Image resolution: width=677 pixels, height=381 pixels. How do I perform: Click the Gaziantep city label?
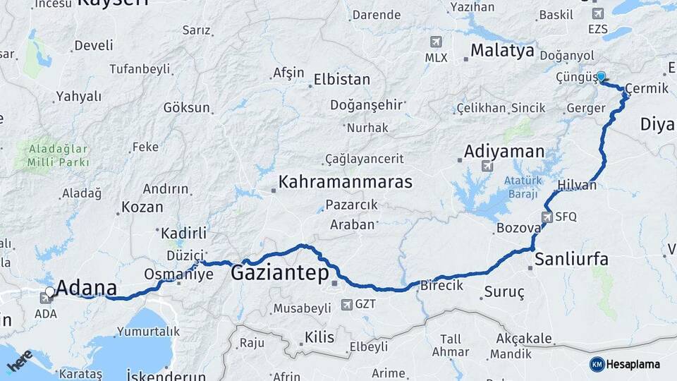[x=280, y=273]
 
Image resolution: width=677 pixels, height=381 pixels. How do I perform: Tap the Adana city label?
[x=86, y=287]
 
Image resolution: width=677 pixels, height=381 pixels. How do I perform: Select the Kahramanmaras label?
[x=345, y=181]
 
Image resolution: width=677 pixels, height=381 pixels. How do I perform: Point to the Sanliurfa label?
[x=571, y=259]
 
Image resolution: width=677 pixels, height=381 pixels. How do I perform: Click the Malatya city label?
[x=503, y=51]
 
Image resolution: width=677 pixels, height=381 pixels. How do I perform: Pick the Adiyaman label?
[x=504, y=151]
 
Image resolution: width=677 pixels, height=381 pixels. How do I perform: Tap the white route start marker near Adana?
[x=49, y=291]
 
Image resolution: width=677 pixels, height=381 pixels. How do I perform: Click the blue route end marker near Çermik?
[x=601, y=76]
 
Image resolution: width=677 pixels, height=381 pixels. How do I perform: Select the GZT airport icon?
[x=346, y=305]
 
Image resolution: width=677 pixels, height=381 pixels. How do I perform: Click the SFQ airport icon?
[x=547, y=217]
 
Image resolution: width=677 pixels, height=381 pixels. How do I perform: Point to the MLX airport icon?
[x=436, y=42]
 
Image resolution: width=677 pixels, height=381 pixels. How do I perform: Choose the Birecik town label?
[x=441, y=286]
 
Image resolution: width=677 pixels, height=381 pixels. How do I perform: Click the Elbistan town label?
[x=342, y=79]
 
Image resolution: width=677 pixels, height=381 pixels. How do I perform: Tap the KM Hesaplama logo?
[x=626, y=364]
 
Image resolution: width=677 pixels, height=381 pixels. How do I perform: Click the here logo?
[x=19, y=361]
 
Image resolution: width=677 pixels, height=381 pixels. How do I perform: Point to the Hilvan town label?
[x=577, y=186]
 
